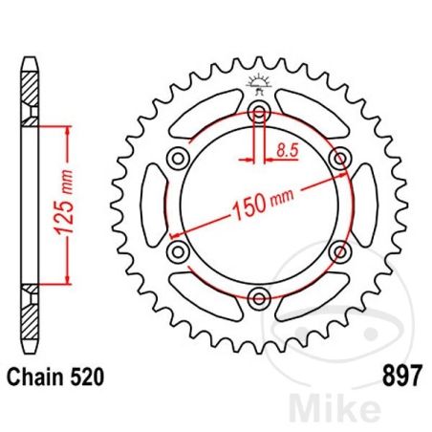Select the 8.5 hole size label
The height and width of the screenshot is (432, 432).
(x=286, y=148)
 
